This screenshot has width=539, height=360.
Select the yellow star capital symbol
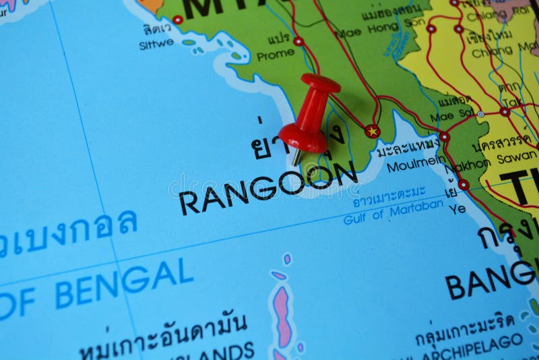click(x=372, y=131)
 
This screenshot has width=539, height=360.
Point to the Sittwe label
click(x=156, y=44)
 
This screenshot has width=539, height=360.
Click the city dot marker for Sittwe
click(x=177, y=20)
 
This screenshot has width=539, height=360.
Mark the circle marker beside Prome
click(x=298, y=41)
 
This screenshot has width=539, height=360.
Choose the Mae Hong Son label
click(x=367, y=32)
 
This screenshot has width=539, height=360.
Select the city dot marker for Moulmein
click(x=445, y=137)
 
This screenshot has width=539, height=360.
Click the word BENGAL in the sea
click(x=124, y=283)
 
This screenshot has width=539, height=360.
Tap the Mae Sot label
click(x=452, y=115)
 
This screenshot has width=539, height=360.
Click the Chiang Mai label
click(x=501, y=51)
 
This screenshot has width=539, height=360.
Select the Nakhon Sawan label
click(x=495, y=162)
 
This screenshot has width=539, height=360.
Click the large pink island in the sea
click(x=284, y=316)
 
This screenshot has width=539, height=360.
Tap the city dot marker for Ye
click(x=464, y=184)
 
